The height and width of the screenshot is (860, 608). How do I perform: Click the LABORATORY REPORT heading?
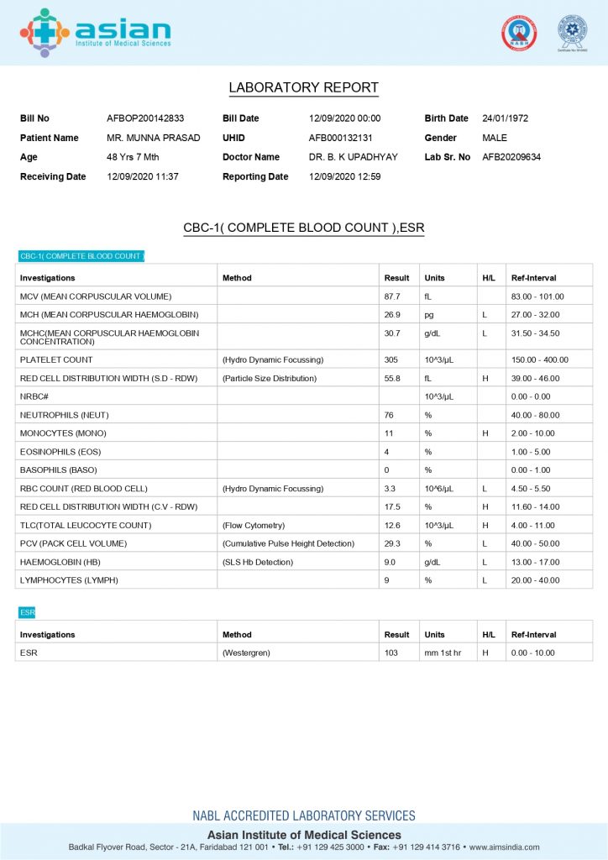tap(303, 88)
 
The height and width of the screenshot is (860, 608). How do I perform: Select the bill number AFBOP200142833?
tap(145, 118)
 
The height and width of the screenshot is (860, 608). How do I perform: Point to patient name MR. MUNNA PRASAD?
tap(153, 138)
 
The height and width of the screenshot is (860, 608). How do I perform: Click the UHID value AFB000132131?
tap(340, 138)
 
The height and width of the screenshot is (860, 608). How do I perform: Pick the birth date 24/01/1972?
tap(505, 118)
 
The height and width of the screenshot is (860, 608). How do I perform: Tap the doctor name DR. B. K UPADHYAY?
tap(353, 157)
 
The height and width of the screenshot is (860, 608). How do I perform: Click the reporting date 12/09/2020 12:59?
tap(344, 176)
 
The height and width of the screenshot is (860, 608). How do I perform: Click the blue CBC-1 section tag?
tap(81, 256)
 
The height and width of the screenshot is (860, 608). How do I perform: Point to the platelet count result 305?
tap(390, 360)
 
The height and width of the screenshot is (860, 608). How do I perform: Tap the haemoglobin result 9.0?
tap(390, 562)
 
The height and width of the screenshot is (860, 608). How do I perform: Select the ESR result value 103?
tap(391, 653)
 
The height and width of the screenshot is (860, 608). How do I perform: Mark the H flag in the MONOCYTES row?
tap(485, 433)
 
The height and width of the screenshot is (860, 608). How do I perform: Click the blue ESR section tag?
tap(27, 613)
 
